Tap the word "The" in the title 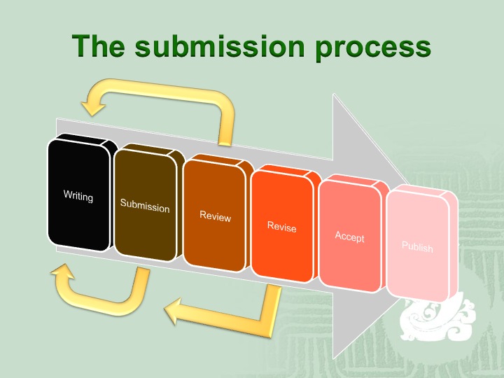99,46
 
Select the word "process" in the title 372,50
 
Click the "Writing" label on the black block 78,196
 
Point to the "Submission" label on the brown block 145,206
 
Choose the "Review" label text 215,216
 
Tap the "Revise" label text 281,226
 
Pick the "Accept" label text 349,237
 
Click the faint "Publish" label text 417,246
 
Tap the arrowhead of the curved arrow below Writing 62,272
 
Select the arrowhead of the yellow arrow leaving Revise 174,310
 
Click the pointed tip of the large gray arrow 407,184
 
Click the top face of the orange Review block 218,160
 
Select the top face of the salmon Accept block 353,181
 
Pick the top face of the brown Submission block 150,150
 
